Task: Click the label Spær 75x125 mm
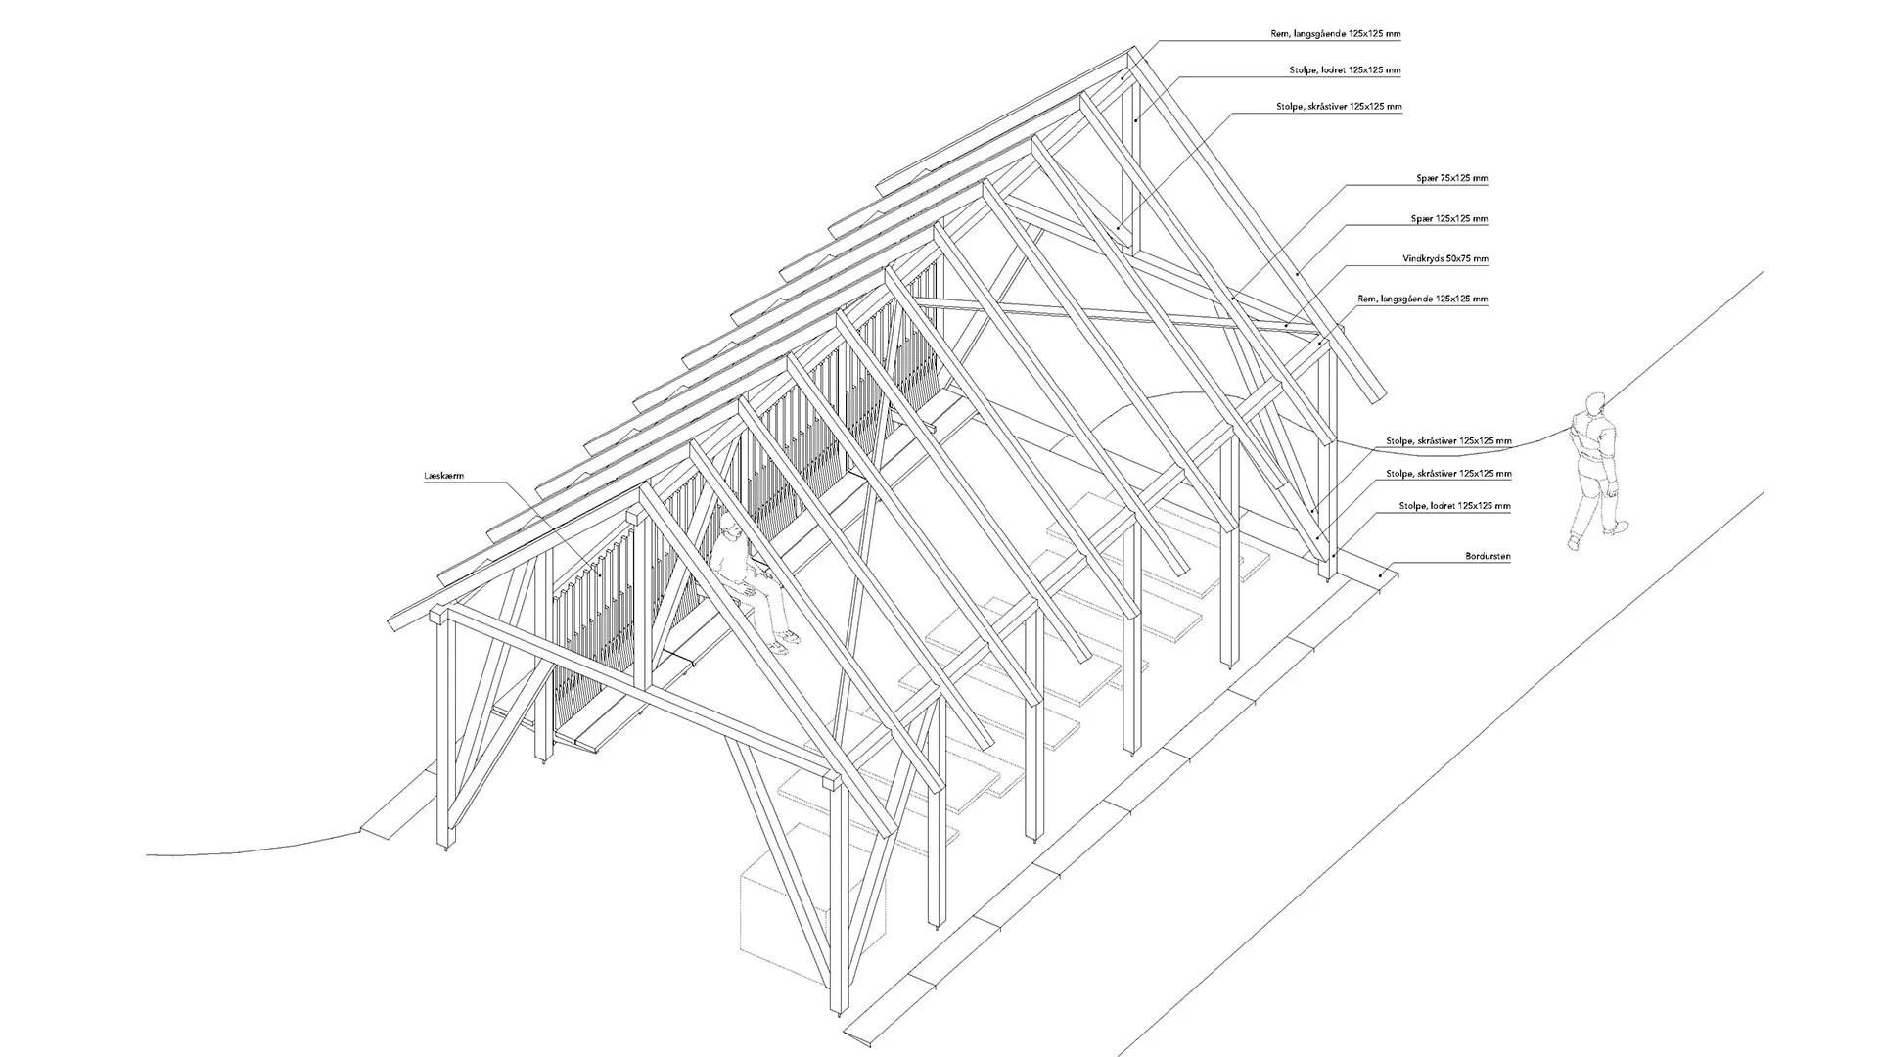pyautogui.click(x=1452, y=179)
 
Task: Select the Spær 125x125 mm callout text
pyautogui.click(x=1449, y=219)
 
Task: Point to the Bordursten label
pyautogui.click(x=1488, y=556)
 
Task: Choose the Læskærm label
pyautogui.click(x=443, y=476)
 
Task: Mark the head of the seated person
pyautogui.click(x=729, y=534)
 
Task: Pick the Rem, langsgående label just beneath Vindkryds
pyautogui.click(x=1423, y=299)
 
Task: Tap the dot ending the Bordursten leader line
pyautogui.click(x=1381, y=574)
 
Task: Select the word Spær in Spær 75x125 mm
pyautogui.click(x=1426, y=179)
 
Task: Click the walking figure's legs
pyautogui.click(x=1592, y=504)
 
